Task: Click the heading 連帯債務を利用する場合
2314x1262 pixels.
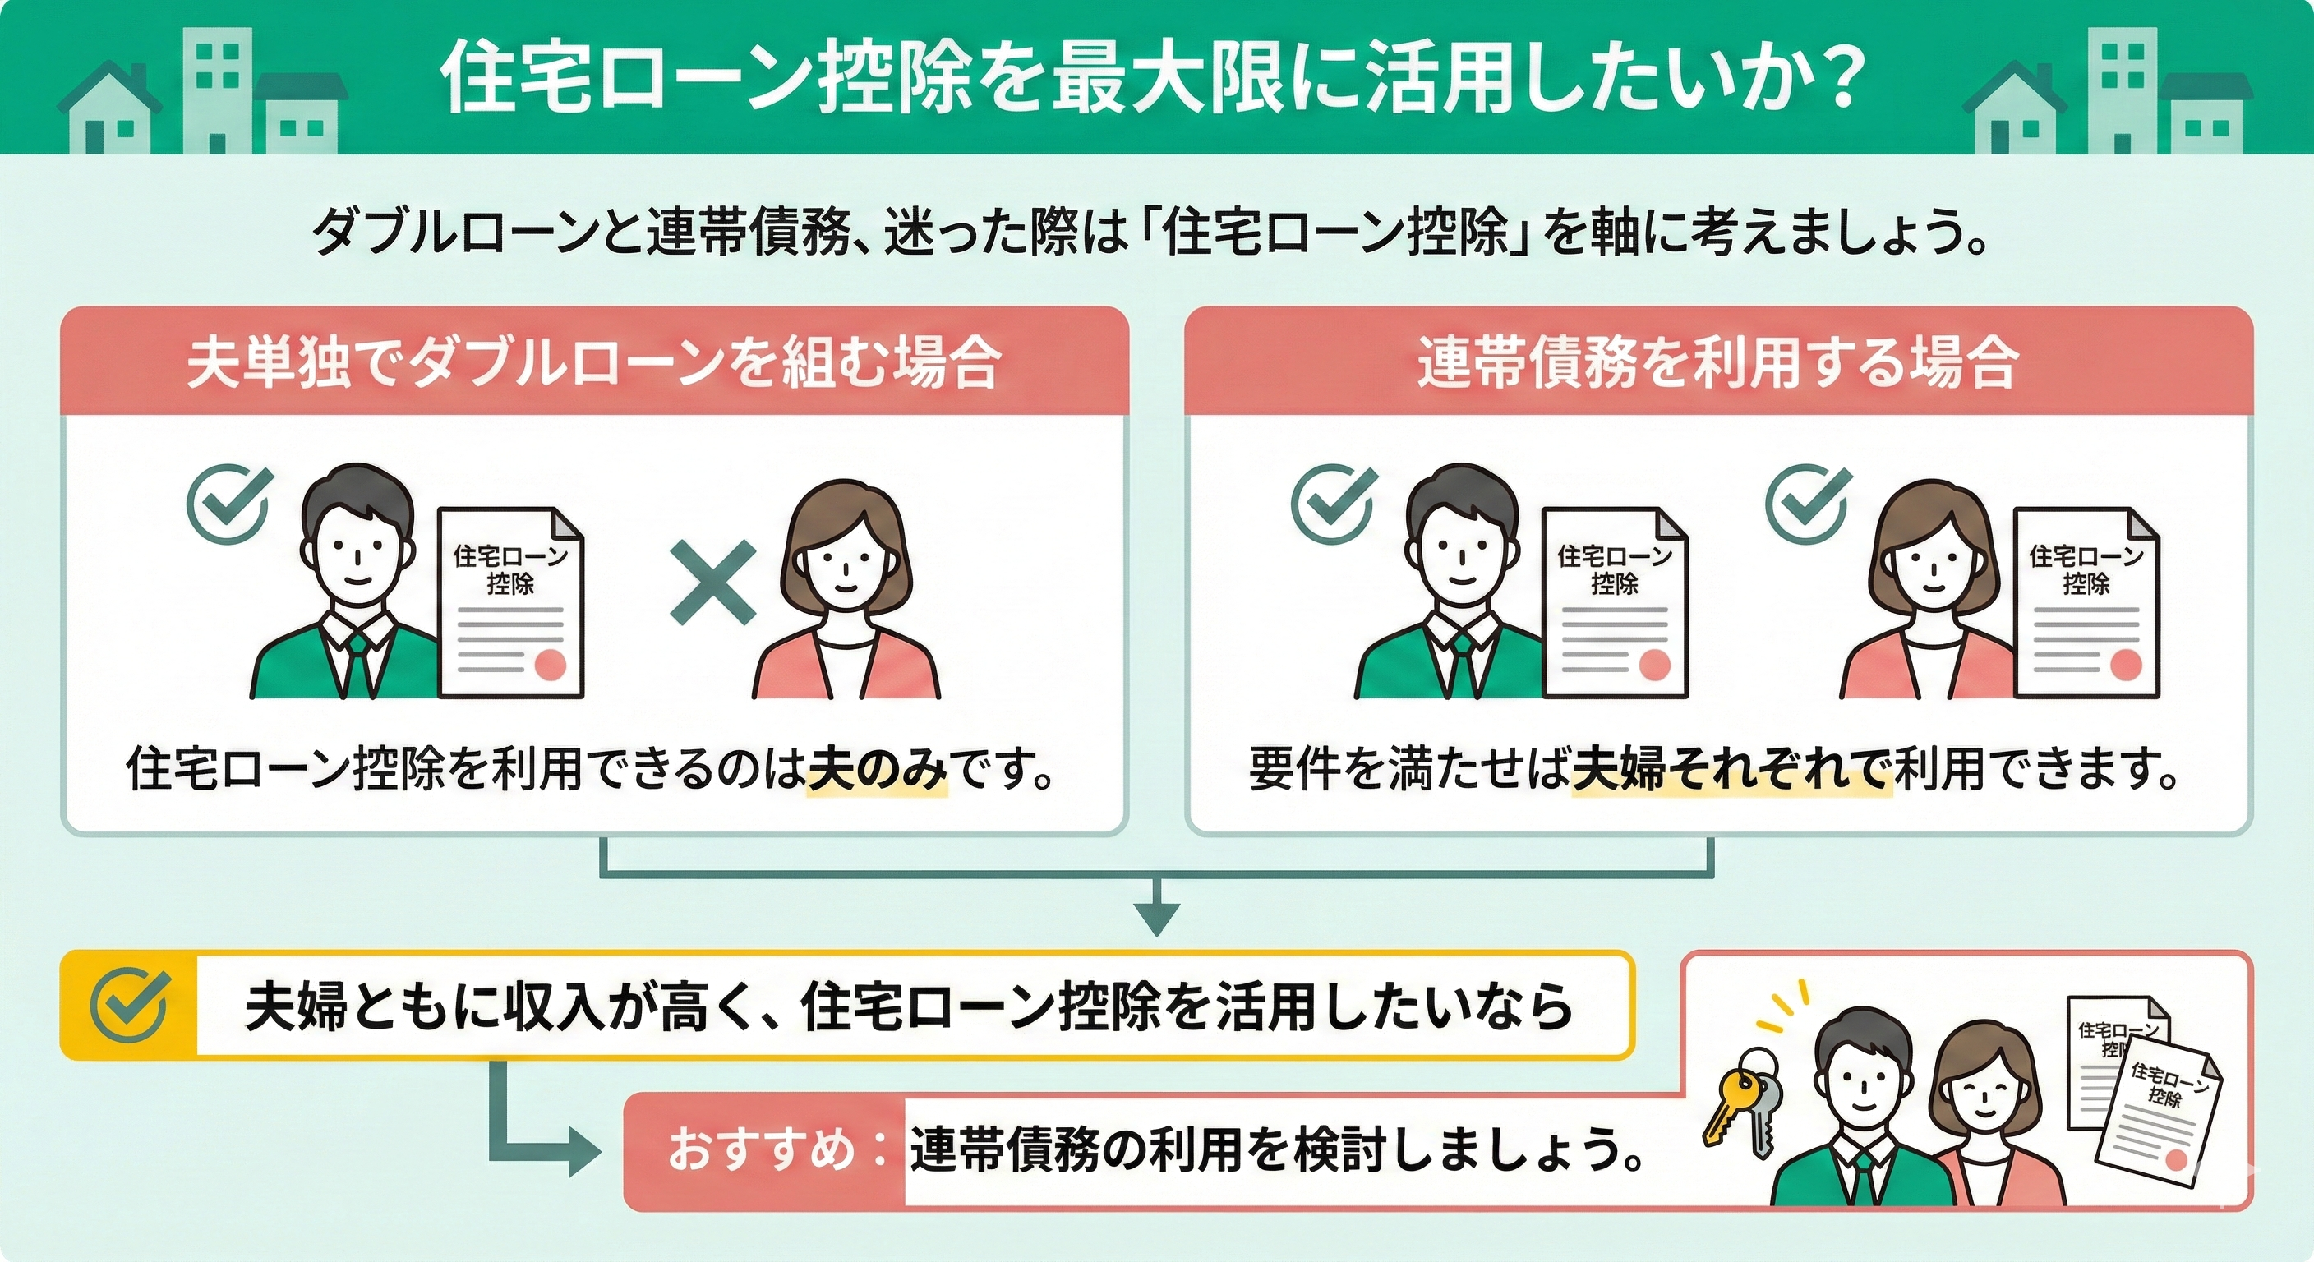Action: pos(1717,364)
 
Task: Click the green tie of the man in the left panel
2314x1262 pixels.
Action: pos(357,661)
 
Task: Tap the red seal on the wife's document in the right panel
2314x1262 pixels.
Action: pos(2124,665)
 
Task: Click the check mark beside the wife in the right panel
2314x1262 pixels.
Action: pos(1807,504)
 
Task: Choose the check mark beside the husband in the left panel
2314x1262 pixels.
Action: pos(228,504)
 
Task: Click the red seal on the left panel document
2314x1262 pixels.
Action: pos(549,665)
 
